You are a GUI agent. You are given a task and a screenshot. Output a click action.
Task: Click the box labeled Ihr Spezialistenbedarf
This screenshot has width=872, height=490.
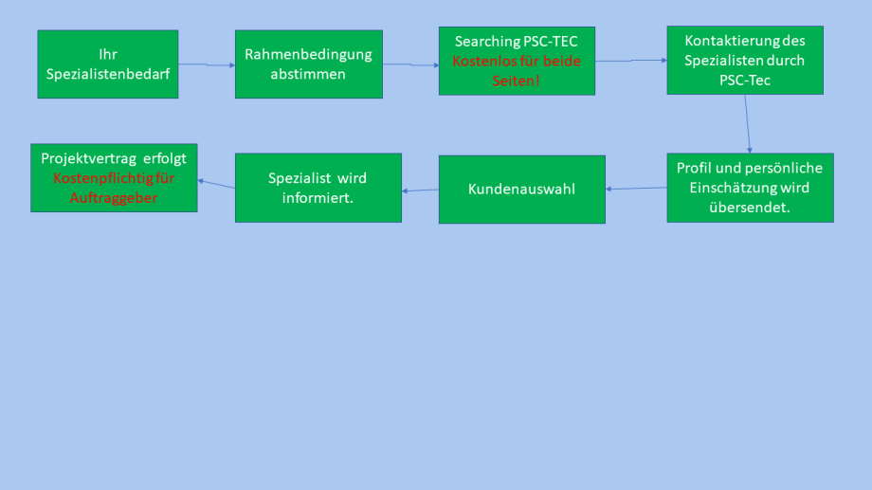coord(107,64)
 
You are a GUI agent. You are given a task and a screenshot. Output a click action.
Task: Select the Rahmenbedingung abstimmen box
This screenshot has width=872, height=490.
coord(308,64)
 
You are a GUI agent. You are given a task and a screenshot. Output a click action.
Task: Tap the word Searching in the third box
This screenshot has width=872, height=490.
coord(487,42)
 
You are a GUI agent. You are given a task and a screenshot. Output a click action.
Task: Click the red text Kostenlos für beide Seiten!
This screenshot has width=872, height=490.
coord(517,70)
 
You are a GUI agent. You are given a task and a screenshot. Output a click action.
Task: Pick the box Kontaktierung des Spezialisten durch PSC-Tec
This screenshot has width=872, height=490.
coord(744,60)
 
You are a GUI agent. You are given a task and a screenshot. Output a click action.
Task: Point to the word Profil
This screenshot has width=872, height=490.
coord(694,168)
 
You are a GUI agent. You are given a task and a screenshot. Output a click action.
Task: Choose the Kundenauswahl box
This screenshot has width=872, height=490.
coord(521,190)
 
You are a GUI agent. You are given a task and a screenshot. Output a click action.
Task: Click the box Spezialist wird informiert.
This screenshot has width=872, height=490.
coord(318,188)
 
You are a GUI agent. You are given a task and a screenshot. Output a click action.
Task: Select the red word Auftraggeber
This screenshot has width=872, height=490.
coord(114,198)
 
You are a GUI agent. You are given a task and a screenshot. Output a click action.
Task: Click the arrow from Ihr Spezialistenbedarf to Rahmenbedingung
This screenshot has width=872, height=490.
coord(207,64)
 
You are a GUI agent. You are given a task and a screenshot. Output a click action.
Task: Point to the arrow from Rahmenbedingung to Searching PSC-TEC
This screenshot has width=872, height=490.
coord(410,64)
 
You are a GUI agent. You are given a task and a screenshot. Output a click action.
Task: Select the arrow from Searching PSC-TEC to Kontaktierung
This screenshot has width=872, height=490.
coord(630,61)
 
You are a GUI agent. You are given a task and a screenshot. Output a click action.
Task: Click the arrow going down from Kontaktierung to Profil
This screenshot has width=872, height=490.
coord(748,123)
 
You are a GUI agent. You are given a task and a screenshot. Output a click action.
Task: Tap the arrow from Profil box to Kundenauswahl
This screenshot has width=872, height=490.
coord(636,188)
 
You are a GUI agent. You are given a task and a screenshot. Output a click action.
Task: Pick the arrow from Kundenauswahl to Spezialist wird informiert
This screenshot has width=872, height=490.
coord(420,191)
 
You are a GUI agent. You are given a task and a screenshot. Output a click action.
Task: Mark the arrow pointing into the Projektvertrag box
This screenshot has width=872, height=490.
coord(217,182)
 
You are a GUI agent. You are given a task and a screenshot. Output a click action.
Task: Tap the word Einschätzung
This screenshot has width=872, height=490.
coord(735,188)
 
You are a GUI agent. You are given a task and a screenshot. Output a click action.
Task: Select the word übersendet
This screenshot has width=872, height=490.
coord(749,208)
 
